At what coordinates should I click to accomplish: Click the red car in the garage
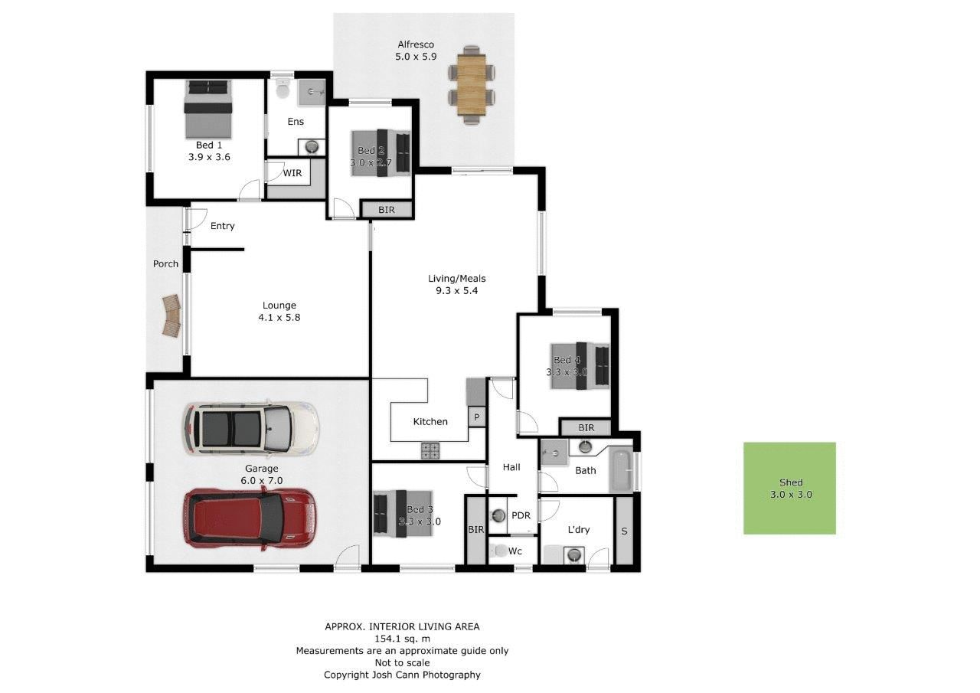[249, 518]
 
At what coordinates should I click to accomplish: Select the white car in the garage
[250, 427]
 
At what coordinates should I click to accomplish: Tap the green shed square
[789, 488]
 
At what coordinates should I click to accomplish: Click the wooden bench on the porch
[172, 315]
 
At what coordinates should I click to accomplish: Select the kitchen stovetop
[430, 451]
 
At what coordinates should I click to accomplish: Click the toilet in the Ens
[283, 90]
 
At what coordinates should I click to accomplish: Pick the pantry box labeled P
[476, 417]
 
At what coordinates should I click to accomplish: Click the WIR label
[292, 173]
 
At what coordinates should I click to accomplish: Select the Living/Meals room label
[456, 279]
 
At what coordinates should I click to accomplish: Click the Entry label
[223, 226]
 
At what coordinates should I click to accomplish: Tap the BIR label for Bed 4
[586, 428]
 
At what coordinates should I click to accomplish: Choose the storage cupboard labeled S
[624, 530]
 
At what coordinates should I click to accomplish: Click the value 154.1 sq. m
[402, 639]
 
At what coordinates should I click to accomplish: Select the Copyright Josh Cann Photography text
[402, 675]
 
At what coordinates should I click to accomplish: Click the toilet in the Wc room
[500, 551]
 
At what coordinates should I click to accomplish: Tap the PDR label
[521, 515]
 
